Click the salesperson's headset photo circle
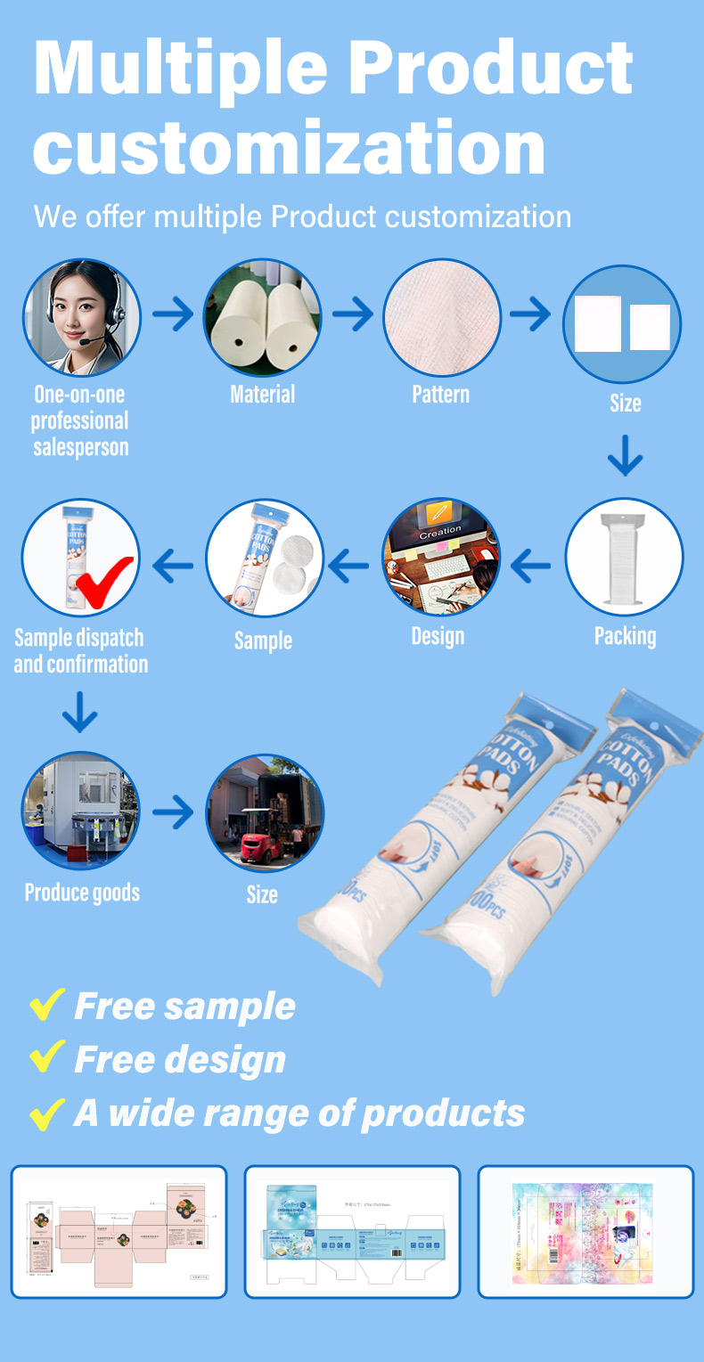(x=81, y=318)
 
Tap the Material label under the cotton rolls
(x=262, y=395)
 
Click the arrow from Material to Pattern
(x=353, y=314)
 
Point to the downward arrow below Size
(x=625, y=455)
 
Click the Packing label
(x=625, y=637)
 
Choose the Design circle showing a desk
(x=441, y=558)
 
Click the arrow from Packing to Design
(x=532, y=563)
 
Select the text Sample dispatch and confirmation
(x=80, y=651)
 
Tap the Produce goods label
(x=82, y=893)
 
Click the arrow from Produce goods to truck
(x=172, y=812)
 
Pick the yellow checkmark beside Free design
(x=47, y=1058)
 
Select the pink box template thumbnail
(x=119, y=1232)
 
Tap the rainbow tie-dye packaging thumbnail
(x=585, y=1232)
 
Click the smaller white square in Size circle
(x=650, y=327)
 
